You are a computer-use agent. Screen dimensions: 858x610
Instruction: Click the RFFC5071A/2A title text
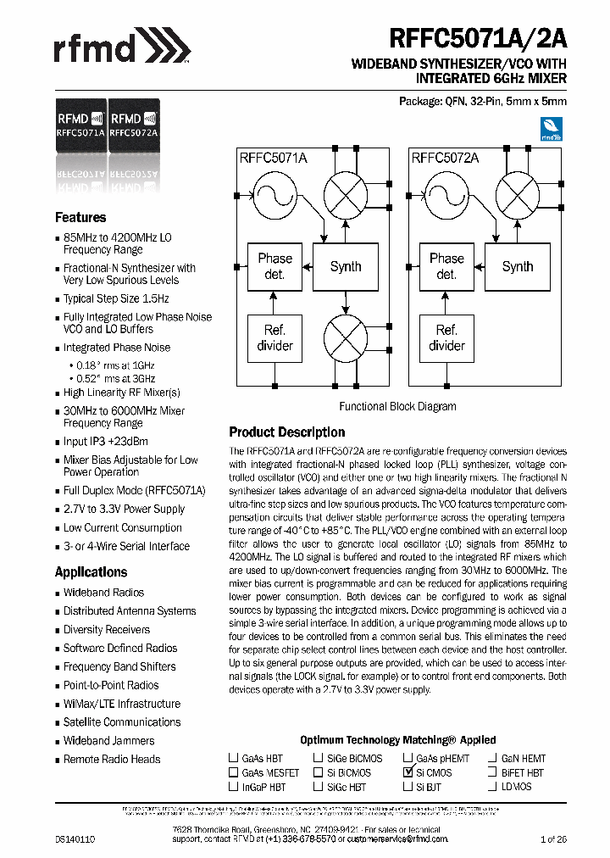(478, 39)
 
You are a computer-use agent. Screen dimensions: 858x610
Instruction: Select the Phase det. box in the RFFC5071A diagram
(274, 266)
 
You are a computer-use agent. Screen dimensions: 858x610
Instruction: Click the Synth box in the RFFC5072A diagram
(517, 266)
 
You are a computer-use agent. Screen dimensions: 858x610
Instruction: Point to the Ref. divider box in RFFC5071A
(274, 337)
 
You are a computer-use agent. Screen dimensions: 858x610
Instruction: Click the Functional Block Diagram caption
(397, 406)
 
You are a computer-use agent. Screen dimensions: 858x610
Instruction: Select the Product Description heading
(287, 432)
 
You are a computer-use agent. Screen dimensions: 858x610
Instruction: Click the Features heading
(80, 217)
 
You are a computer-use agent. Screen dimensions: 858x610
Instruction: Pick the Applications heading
(91, 571)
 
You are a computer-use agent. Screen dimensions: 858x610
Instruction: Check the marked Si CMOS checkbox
(408, 772)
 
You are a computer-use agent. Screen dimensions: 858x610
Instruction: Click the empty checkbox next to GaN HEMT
(491, 758)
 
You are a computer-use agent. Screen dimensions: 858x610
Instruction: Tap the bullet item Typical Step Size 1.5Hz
(116, 298)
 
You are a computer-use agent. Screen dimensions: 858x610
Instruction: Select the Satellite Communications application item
(122, 721)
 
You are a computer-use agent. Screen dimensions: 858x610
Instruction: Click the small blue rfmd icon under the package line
(552, 128)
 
